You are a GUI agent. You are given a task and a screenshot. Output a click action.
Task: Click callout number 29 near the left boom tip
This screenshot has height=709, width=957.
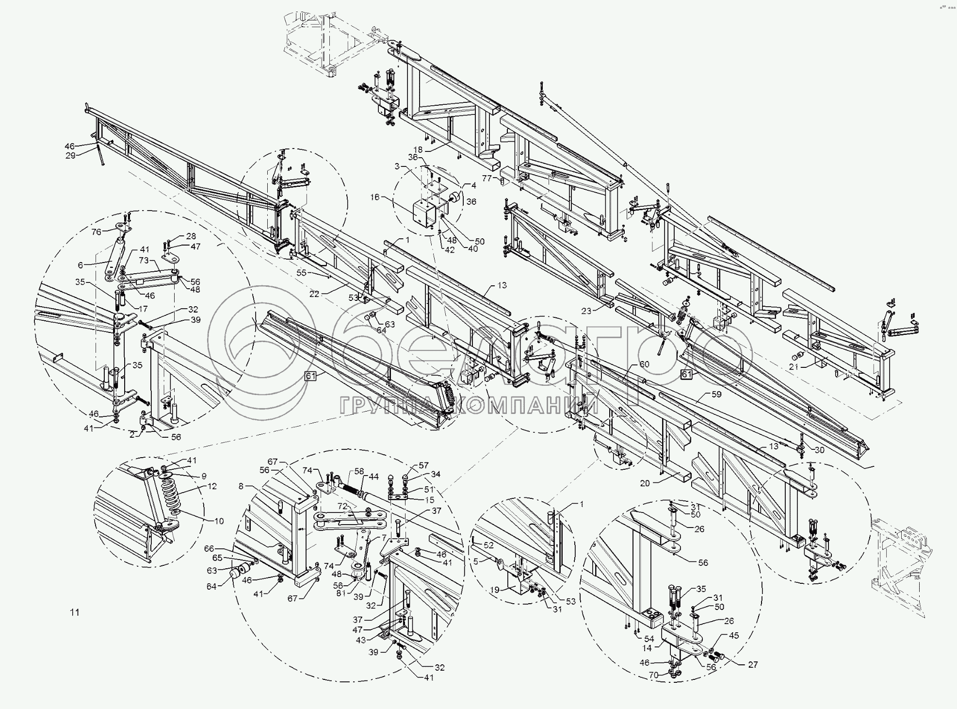click(x=70, y=156)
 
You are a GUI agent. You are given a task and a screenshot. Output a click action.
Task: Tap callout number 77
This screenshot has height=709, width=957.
click(x=487, y=179)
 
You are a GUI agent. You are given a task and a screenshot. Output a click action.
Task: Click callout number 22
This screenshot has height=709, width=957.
click(x=315, y=294)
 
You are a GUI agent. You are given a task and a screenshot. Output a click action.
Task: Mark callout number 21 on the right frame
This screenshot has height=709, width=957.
click(x=793, y=367)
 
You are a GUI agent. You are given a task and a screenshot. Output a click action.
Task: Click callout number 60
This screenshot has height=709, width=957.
click(x=644, y=364)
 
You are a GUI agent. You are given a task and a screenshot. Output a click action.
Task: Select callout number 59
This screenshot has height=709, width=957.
click(x=716, y=394)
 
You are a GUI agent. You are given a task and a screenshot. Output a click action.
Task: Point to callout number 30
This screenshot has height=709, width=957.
click(x=819, y=450)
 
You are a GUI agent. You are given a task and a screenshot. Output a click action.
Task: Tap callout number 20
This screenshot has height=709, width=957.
click(x=645, y=483)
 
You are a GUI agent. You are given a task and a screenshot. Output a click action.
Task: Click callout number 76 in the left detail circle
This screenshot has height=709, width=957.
click(x=96, y=232)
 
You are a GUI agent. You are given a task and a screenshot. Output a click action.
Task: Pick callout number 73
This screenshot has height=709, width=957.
click(x=143, y=261)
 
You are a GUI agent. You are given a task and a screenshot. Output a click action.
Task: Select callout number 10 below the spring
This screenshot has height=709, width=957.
click(x=219, y=521)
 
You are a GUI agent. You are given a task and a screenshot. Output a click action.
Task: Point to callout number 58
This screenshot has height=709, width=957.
click(x=358, y=471)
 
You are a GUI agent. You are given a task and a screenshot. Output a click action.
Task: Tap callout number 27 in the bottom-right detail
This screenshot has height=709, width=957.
click(x=752, y=665)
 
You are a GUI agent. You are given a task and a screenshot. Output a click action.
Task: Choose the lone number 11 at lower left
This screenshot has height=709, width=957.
click(x=74, y=612)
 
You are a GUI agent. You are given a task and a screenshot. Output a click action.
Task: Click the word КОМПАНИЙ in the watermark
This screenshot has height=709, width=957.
click(x=526, y=405)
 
